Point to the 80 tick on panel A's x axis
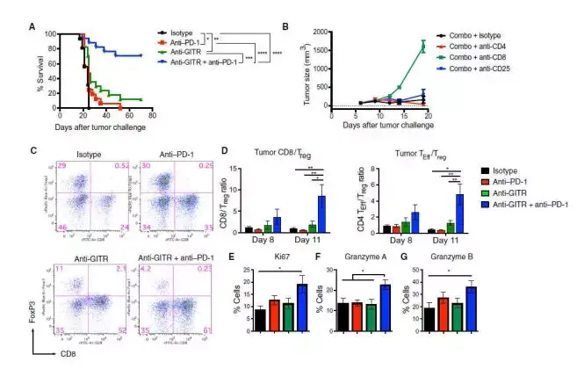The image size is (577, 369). (152, 113)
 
